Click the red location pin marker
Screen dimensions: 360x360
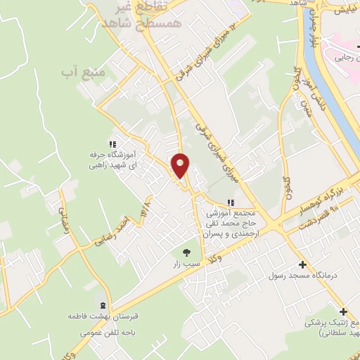181,165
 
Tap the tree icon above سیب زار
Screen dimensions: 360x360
186,252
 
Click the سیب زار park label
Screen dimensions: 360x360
186,266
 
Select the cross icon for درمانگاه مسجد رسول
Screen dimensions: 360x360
302,265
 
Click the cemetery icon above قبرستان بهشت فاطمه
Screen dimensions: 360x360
105,305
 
